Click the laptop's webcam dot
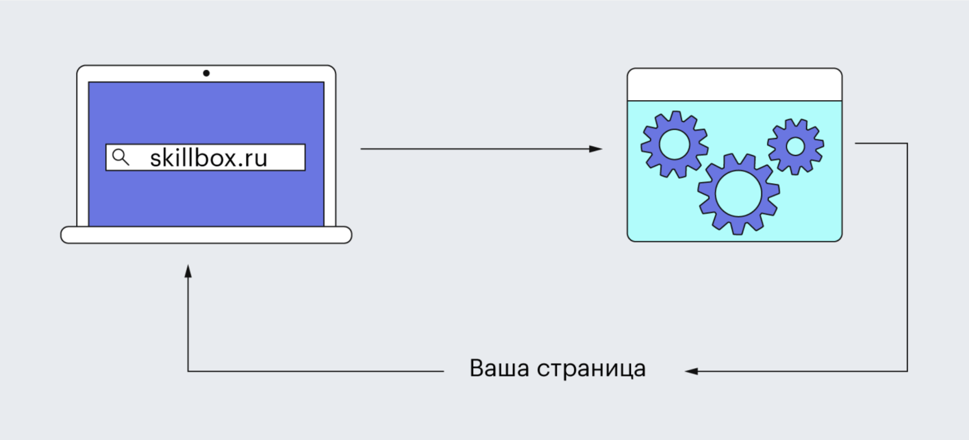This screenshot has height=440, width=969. coord(206,74)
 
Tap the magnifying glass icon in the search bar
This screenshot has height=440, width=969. coord(120,157)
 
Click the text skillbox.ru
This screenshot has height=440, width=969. coord(208,158)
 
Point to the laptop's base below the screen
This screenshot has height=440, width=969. coord(206,235)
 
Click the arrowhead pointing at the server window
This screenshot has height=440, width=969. coord(596,149)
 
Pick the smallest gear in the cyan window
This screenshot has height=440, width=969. coord(795,146)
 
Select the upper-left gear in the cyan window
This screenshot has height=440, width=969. coord(674,144)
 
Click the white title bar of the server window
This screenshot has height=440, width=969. coord(734,84)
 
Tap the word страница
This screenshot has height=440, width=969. coord(591,369)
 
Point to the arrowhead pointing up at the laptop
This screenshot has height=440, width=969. coord(188,271)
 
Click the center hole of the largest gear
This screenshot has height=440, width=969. coord(738,194)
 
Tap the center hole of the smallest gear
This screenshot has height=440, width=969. coord(795,146)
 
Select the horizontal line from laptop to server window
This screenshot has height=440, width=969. coord(472,149)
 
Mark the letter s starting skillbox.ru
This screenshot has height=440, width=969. coord(155,159)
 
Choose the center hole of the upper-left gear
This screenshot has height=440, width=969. coord(674,144)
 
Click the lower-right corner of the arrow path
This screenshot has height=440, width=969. coord(907,371)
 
